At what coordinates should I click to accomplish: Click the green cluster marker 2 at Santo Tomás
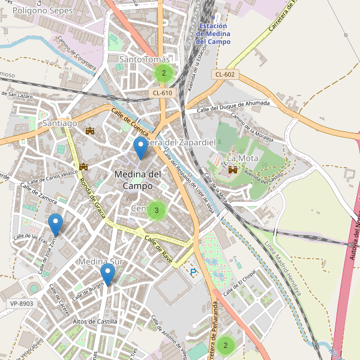(163, 73)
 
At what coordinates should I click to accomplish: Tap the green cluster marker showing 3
(156, 210)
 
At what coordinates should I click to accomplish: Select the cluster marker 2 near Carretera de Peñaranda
(226, 345)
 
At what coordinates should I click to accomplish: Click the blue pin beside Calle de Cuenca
(140, 148)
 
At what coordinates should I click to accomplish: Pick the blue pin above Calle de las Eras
(55, 224)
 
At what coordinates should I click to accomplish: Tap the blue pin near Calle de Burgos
(107, 275)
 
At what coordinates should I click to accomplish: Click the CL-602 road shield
(225, 74)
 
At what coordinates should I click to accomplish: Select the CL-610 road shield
(162, 92)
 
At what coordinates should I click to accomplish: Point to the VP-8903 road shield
(22, 304)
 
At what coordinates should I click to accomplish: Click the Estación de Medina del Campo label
(213, 34)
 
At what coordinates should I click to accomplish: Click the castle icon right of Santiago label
(91, 130)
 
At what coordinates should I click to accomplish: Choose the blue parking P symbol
(193, 272)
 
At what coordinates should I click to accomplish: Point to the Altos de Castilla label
(95, 322)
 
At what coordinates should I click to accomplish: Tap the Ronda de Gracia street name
(93, 198)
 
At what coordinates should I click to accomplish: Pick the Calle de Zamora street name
(38, 194)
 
